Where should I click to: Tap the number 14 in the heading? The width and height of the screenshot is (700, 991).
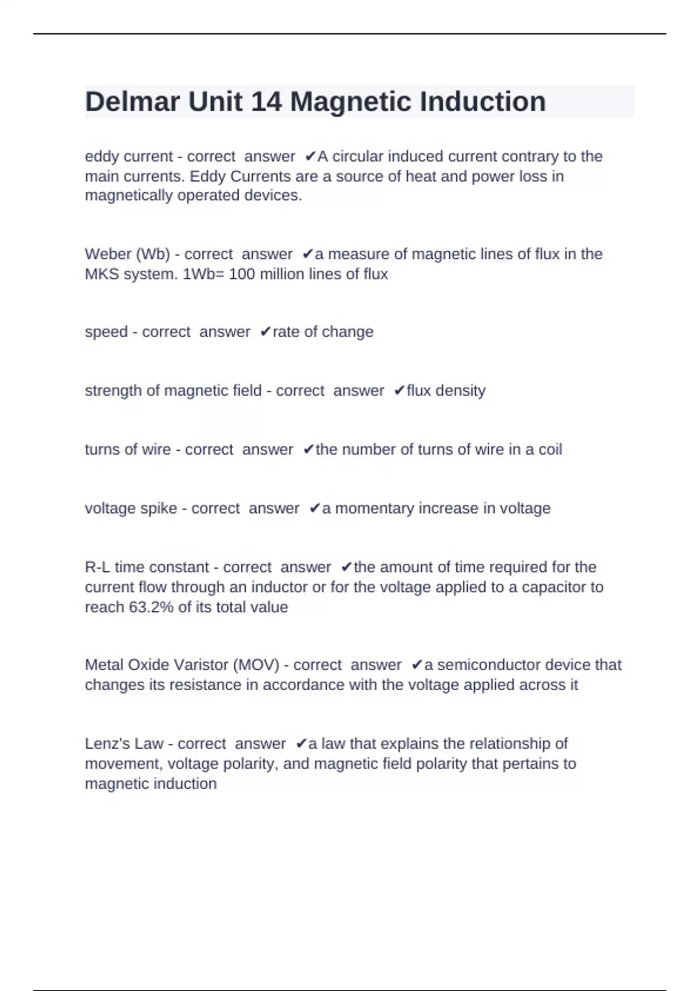(266, 102)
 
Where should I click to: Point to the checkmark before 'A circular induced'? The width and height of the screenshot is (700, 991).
(310, 156)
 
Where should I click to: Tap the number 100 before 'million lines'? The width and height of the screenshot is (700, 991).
(242, 274)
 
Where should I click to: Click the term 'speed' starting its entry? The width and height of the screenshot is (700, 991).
(106, 332)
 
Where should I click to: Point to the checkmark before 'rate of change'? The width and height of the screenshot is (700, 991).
(265, 332)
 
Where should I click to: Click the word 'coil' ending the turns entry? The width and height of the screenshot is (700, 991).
(549, 449)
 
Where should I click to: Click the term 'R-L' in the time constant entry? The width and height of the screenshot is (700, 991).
(97, 567)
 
